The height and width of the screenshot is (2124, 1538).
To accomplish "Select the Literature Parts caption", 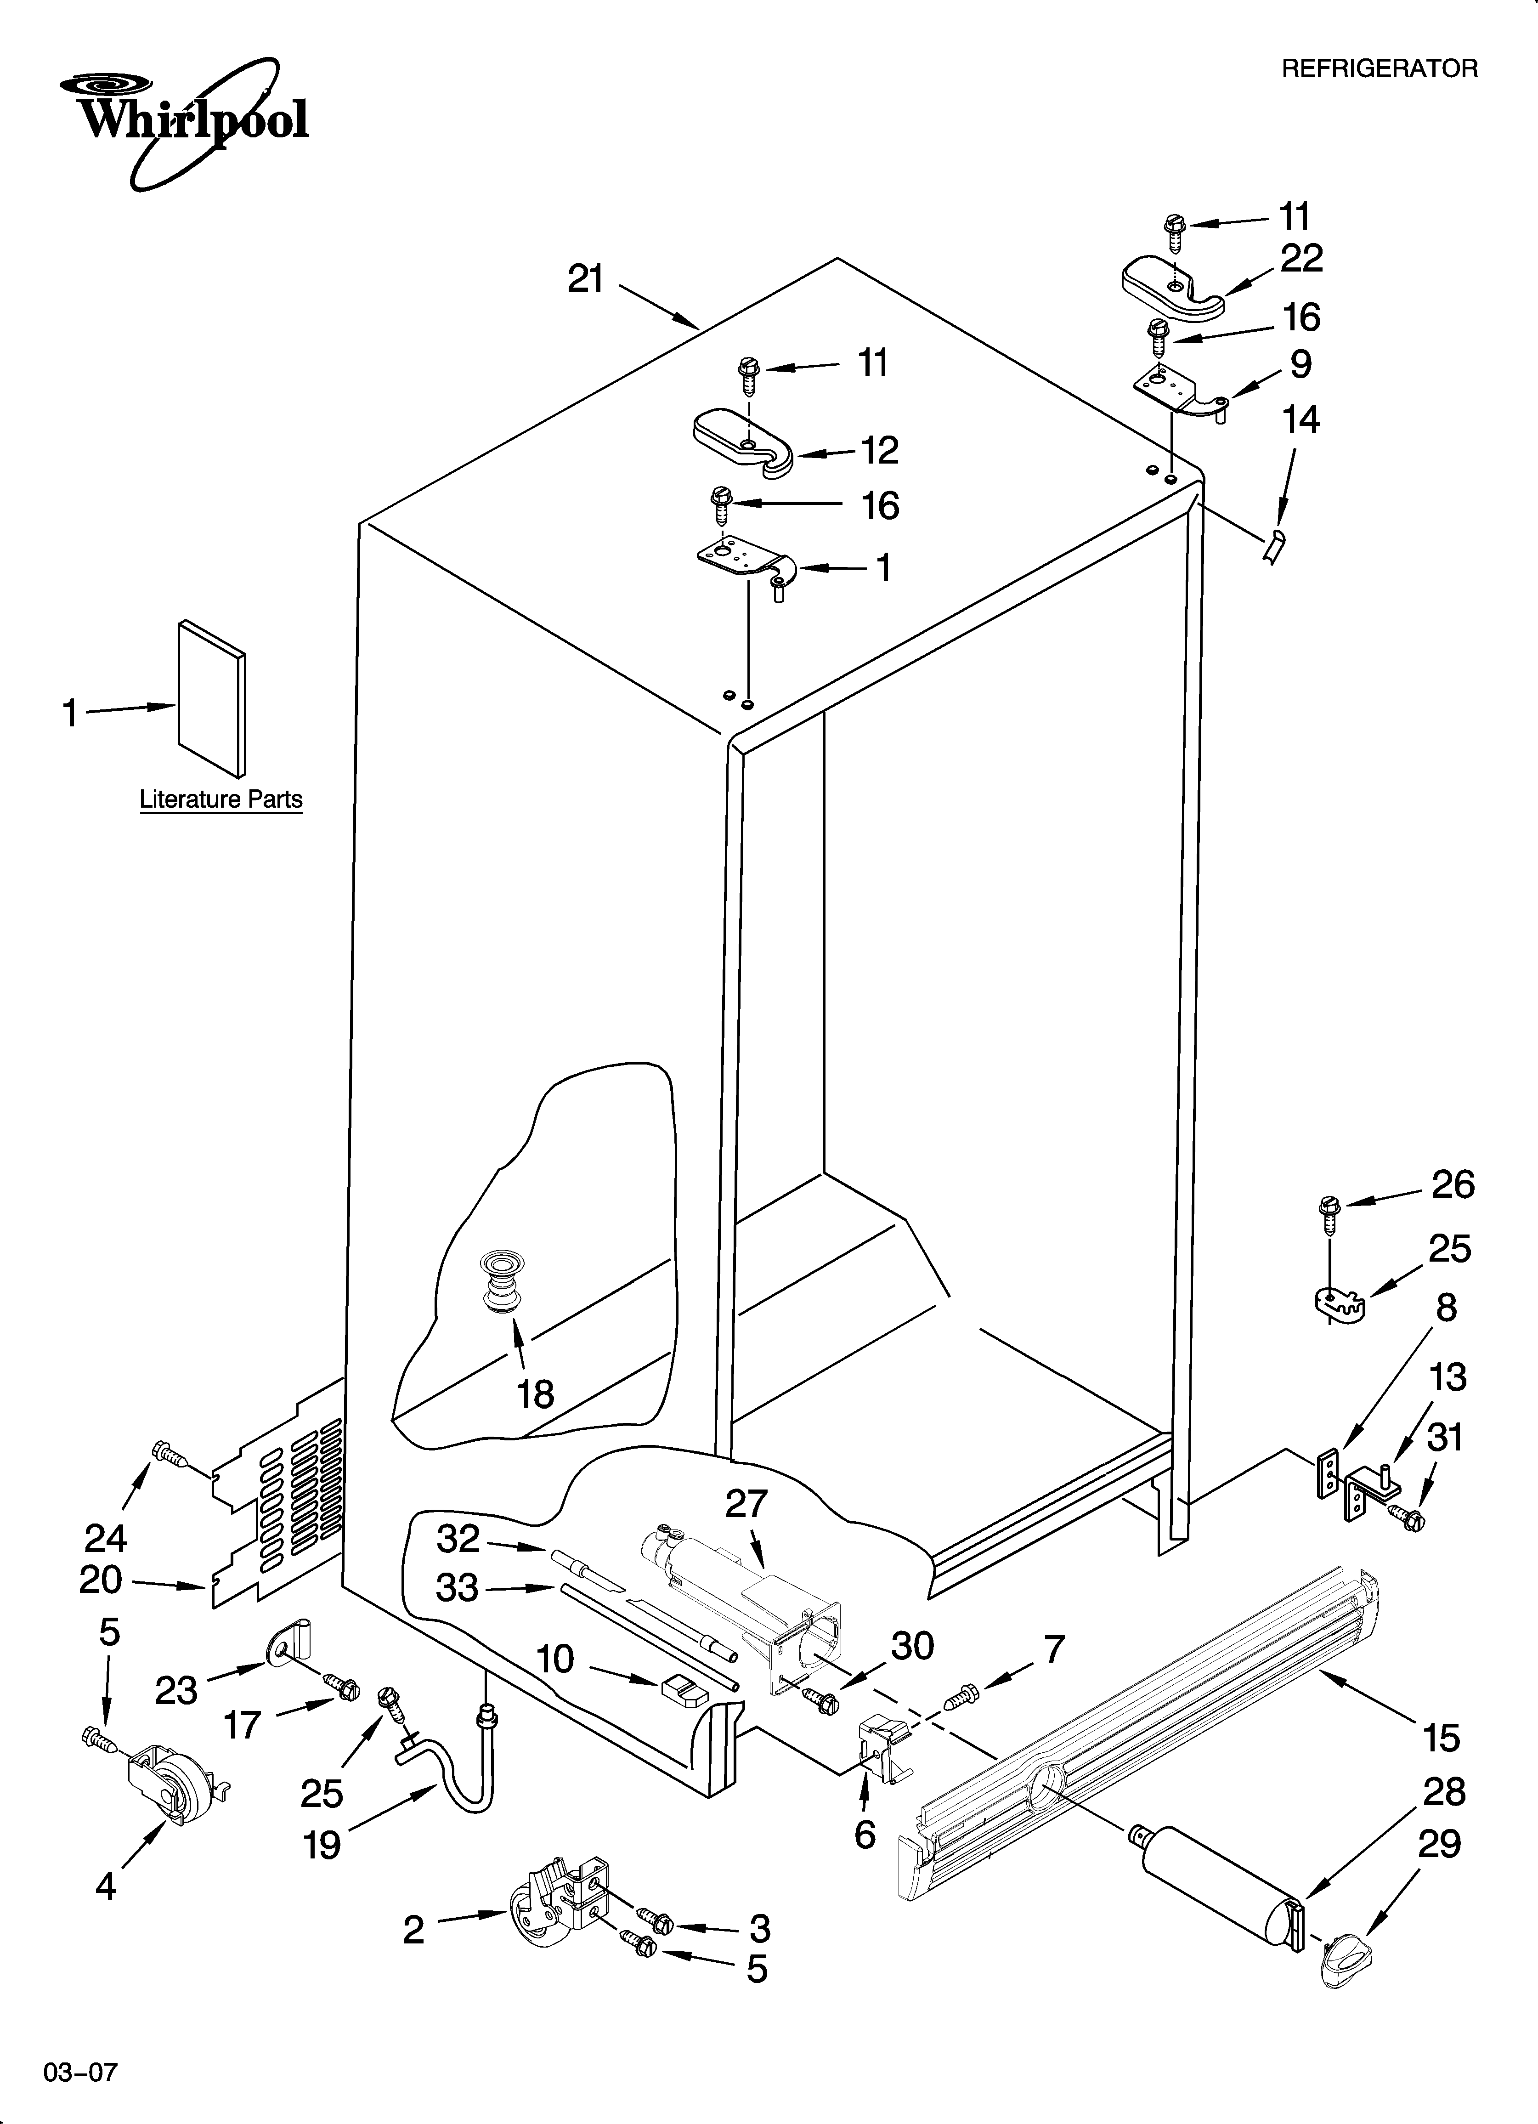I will [x=221, y=800].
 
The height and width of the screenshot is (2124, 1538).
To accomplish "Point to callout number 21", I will [x=586, y=279].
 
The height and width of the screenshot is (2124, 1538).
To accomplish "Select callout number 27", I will [x=746, y=1504].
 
